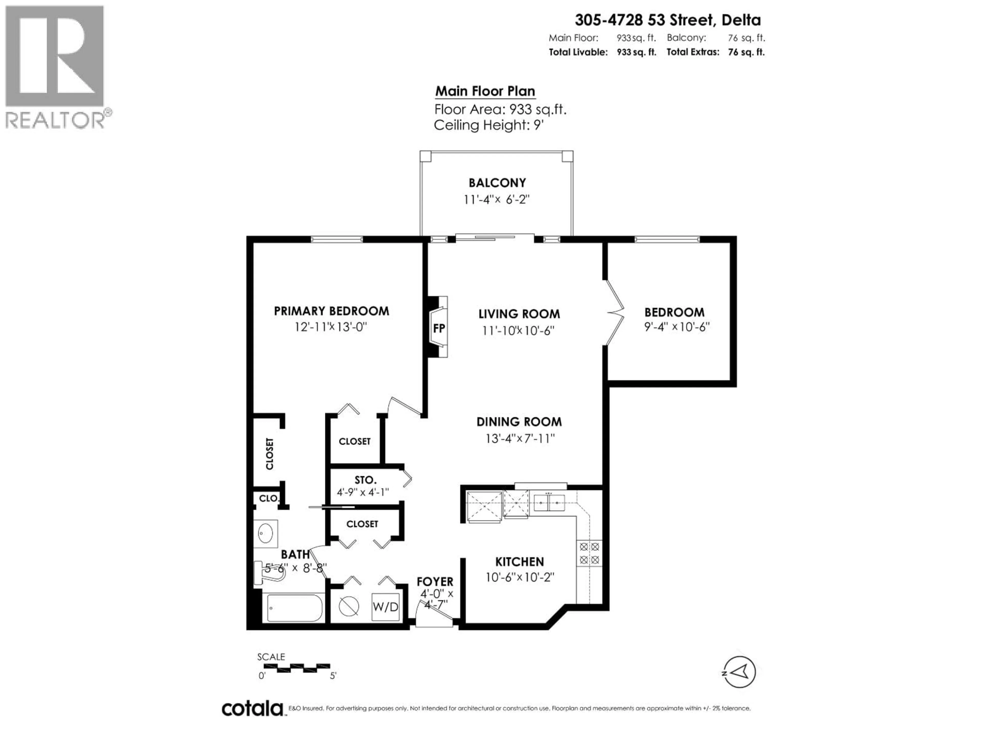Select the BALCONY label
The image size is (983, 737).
497,182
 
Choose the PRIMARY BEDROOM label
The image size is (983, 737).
331,311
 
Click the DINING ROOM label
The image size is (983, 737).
519,421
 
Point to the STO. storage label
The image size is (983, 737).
365,480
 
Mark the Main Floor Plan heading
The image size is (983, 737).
485,91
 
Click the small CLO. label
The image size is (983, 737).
269,498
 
